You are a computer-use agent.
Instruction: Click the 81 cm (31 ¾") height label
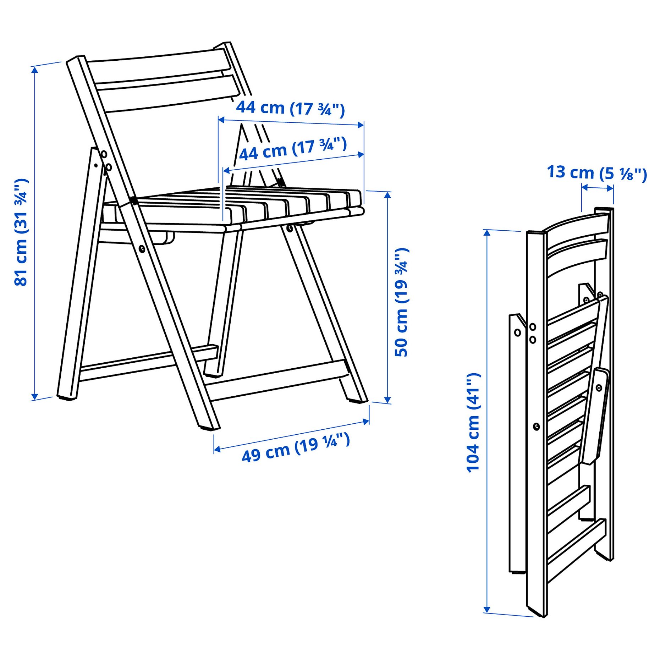(x=21, y=232)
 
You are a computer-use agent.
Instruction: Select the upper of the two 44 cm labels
(x=290, y=108)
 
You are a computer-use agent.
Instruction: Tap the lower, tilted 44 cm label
(x=293, y=149)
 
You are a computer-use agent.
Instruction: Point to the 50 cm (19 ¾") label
(x=402, y=302)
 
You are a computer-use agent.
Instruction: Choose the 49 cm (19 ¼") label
(x=296, y=447)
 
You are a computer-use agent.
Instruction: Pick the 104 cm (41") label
(x=473, y=423)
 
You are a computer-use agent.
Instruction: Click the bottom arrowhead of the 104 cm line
(x=487, y=610)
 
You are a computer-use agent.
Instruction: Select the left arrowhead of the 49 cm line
(x=217, y=450)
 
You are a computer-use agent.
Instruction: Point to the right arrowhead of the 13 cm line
(x=610, y=188)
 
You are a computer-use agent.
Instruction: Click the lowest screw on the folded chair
(x=537, y=426)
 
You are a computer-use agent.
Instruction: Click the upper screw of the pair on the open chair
(x=104, y=154)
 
